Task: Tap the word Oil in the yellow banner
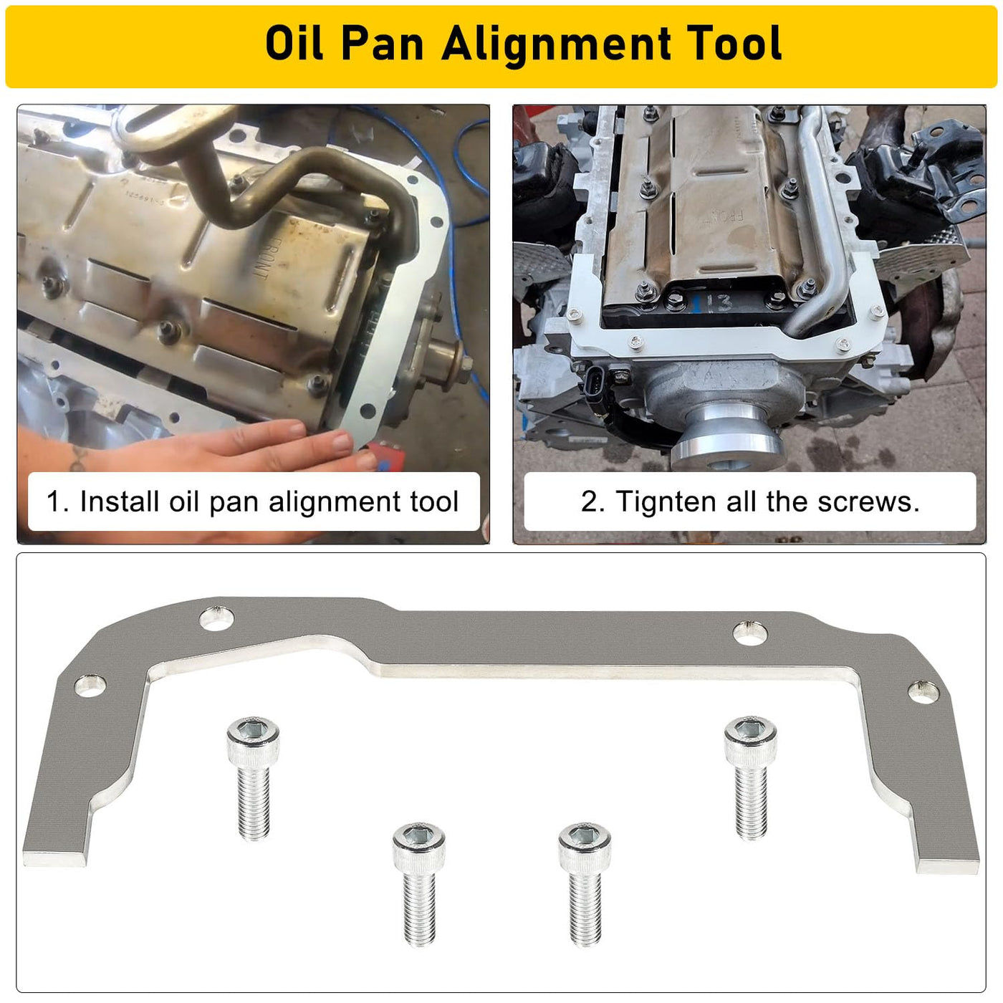(x=294, y=43)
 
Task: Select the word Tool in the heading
(x=736, y=43)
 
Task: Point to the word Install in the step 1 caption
(x=119, y=501)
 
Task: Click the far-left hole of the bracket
(x=90, y=686)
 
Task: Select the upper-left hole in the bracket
(x=216, y=618)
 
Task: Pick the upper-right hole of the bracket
(x=750, y=633)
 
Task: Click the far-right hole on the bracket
(x=924, y=692)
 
